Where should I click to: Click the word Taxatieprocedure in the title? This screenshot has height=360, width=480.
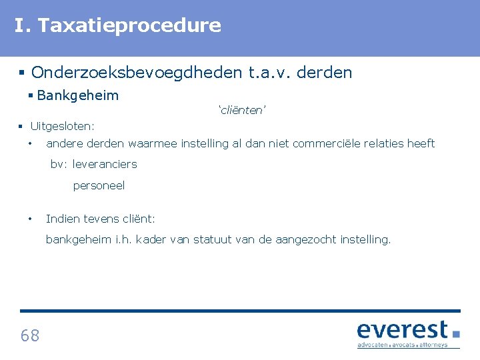coord(129,25)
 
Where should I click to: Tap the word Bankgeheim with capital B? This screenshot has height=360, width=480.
coord(78,95)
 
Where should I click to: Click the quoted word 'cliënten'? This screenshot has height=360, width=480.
coord(243,111)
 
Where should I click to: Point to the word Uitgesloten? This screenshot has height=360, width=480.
coord(62,126)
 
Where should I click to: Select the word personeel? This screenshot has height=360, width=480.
coord(99,186)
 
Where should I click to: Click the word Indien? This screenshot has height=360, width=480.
coord(62,219)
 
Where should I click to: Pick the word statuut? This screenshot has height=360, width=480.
coord(213,239)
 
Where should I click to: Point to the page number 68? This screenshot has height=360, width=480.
coord(30,335)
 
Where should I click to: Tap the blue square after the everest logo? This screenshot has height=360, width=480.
coord(456,333)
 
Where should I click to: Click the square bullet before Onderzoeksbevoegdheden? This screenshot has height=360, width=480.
coord(23,72)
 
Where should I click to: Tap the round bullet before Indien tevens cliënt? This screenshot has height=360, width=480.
coord(30,219)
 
